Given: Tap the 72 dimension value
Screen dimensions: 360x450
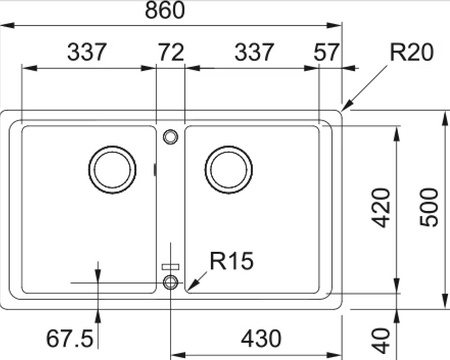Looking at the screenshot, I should [x=171, y=52].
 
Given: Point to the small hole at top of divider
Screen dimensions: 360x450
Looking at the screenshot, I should [x=170, y=133].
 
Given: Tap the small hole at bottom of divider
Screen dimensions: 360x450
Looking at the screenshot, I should [x=170, y=284].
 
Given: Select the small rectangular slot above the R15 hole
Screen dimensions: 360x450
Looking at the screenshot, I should [x=170, y=266].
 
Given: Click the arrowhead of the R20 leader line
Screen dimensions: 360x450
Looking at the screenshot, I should [x=344, y=108].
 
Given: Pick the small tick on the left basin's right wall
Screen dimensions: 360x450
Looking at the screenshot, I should [x=154, y=170].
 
